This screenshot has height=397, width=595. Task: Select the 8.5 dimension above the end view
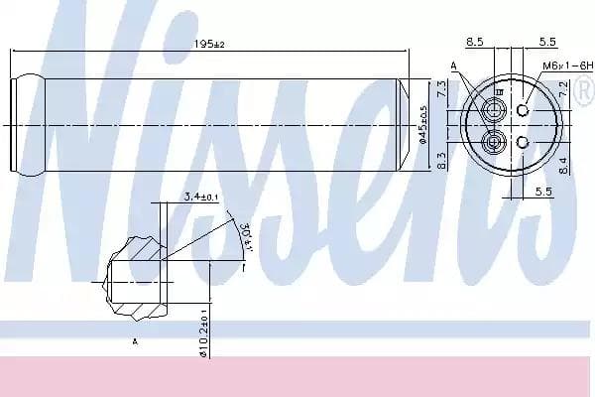tap(474, 42)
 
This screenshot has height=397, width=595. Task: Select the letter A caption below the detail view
tap(134, 340)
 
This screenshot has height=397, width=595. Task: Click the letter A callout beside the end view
tap(455, 66)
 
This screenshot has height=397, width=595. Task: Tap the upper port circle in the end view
tap(492, 106)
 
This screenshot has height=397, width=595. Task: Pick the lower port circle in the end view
tap(492, 145)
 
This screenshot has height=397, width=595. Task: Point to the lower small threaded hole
tap(523, 144)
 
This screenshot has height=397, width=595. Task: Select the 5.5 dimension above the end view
tap(545, 42)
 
